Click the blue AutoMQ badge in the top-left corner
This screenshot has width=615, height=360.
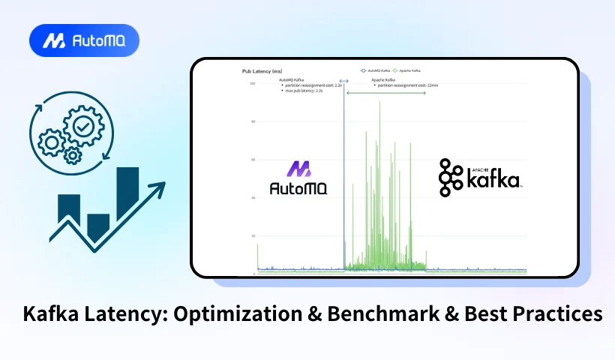click(x=84, y=40)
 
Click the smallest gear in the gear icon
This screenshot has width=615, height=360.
click(x=73, y=155)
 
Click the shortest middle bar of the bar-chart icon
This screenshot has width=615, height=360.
click(x=98, y=226)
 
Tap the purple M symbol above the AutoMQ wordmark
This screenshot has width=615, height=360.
click(x=298, y=169)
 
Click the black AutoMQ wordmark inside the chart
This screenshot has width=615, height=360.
click(x=298, y=187)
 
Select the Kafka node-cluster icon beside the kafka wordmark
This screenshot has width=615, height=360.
click(x=451, y=178)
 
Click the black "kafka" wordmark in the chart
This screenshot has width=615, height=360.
click(x=493, y=180)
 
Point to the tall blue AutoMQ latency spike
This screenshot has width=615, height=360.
click(x=343, y=172)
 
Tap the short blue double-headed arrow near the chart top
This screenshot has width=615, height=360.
click(x=343, y=80)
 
